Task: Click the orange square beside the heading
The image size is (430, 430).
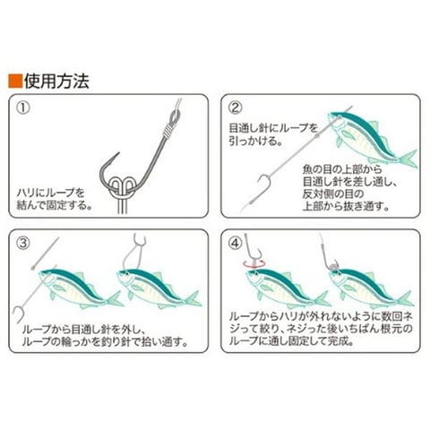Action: click(x=15, y=81)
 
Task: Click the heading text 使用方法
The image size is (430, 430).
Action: click(x=56, y=81)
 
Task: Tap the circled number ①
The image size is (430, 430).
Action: click(x=23, y=107)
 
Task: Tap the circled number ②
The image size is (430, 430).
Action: click(x=236, y=107)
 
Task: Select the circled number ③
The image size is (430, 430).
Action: click(x=23, y=244)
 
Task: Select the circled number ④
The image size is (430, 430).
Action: click(x=236, y=244)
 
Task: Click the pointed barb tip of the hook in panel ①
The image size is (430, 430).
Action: click(x=119, y=153)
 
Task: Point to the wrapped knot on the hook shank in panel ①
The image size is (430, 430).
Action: click(x=168, y=131)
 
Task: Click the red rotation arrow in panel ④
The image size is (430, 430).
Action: click(x=254, y=263)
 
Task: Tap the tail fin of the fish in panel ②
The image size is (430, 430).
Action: click(x=409, y=159)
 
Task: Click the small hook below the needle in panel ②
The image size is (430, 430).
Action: click(x=264, y=182)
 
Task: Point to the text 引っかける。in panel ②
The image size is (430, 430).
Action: click(x=256, y=141)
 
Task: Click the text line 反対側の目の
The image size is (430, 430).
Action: click(x=333, y=194)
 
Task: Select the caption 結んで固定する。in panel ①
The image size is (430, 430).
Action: click(x=55, y=205)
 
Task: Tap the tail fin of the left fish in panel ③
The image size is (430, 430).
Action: click(x=116, y=299)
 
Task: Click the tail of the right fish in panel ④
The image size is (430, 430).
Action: click(x=406, y=299)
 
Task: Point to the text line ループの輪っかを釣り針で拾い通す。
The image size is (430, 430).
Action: click(x=106, y=342)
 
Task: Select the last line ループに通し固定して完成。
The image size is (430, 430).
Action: click(x=291, y=341)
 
